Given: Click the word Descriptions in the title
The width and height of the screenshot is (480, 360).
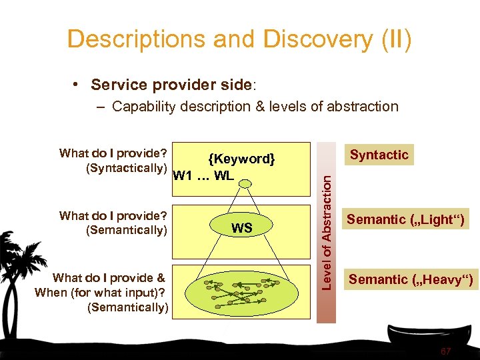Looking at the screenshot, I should (136, 39).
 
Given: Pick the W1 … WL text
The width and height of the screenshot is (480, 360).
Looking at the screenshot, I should (203, 176).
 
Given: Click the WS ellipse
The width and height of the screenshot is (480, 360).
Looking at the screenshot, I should (241, 228).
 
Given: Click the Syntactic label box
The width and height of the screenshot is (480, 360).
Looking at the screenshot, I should (379, 155).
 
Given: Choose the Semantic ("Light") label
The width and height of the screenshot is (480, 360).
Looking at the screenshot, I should (407, 219).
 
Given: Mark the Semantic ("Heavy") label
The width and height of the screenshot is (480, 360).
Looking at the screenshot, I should (411, 280).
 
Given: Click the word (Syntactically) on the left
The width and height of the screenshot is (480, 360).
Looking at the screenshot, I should (126, 168).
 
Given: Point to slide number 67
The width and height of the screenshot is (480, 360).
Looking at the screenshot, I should (446, 351).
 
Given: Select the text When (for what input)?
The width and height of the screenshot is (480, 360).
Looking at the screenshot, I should (100, 292).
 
